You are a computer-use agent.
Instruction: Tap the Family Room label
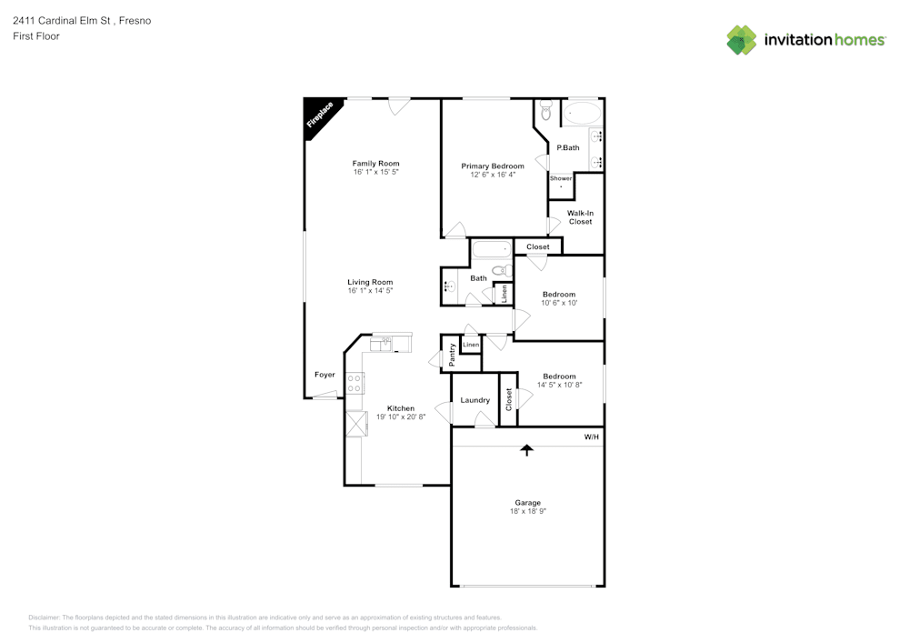(x=375, y=164)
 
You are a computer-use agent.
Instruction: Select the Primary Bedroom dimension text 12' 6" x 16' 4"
(x=493, y=175)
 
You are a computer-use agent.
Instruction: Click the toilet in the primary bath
(x=545, y=111)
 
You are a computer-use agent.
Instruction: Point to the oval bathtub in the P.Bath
(x=581, y=114)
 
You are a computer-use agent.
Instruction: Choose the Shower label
(x=561, y=178)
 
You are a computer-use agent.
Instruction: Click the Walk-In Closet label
(x=580, y=217)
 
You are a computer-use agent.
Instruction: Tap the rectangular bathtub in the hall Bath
(x=492, y=249)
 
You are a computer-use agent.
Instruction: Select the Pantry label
(x=452, y=355)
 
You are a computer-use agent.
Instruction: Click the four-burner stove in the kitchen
(x=355, y=383)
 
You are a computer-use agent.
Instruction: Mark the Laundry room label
(x=474, y=400)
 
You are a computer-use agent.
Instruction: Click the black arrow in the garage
(x=526, y=449)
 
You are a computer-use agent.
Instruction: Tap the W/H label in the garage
(x=591, y=437)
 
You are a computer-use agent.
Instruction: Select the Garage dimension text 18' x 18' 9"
(x=527, y=512)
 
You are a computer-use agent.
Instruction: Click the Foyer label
(x=325, y=375)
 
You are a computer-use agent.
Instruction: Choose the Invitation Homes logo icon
(x=742, y=40)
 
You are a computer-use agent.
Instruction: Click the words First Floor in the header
(x=36, y=36)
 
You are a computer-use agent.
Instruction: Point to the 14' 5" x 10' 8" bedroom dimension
(x=559, y=385)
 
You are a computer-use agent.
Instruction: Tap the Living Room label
(x=370, y=282)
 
